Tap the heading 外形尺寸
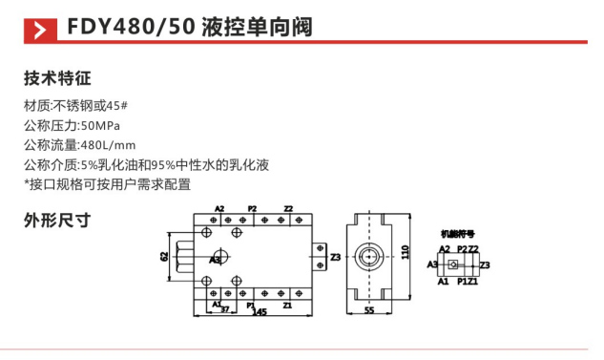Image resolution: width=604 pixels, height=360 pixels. (56, 220)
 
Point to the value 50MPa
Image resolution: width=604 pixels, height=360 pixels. (101, 125)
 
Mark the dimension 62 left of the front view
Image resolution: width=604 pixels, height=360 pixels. (164, 257)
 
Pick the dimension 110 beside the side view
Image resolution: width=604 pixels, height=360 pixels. (405, 253)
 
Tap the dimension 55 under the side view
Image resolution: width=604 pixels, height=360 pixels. (367, 311)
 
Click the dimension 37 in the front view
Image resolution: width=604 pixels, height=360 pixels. (225, 309)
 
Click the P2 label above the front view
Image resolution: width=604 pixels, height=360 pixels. (252, 207)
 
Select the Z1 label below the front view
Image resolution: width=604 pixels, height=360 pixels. (287, 306)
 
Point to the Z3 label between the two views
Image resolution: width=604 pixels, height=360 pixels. (335, 258)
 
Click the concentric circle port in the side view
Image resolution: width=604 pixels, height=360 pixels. (368, 257)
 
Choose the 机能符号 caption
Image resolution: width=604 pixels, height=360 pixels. (456, 233)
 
